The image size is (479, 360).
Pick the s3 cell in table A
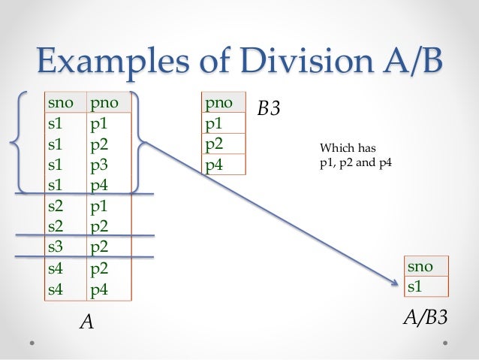pos(54,245)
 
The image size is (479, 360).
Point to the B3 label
pos(269,110)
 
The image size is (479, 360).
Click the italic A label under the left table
pos(87,322)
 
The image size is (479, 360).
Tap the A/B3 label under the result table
pos(426,318)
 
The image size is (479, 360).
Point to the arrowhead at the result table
pos(396,283)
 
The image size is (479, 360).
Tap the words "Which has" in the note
pos(342,148)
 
